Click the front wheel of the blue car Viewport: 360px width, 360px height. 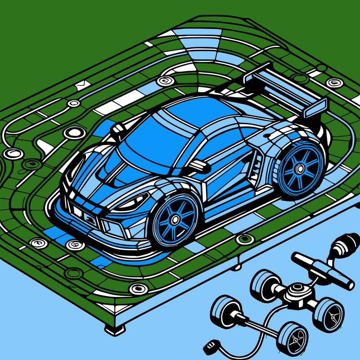pyautogui.click(x=174, y=220)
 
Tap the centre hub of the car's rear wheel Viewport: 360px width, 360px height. pyautogui.click(x=299, y=168)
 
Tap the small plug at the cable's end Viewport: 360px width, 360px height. pyautogui.click(x=208, y=347)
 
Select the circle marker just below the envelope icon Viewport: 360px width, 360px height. pyautogui.click(x=73, y=103)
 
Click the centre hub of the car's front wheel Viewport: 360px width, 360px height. pyautogui.click(x=173, y=221)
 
